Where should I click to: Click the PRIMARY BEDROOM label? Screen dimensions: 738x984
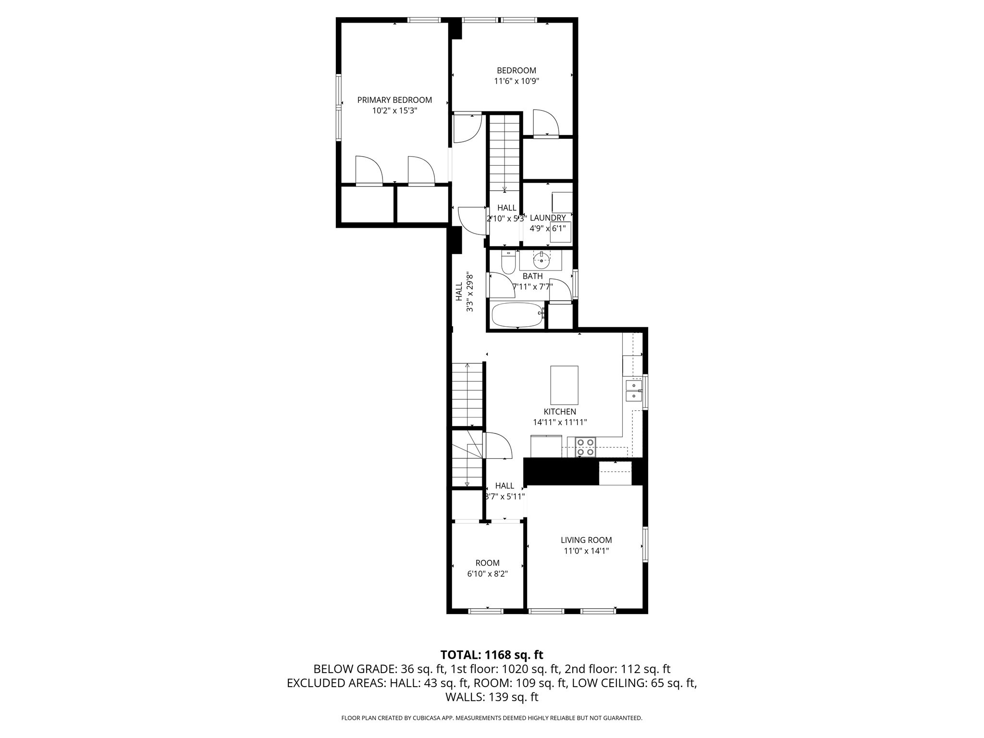(x=394, y=100)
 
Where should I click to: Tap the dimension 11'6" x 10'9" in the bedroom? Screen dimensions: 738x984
(x=517, y=81)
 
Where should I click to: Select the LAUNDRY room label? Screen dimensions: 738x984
(x=548, y=218)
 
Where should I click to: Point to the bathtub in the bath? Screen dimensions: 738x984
(x=517, y=315)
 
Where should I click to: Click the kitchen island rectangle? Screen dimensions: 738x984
(x=564, y=385)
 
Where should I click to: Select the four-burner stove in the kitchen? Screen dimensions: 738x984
(x=586, y=447)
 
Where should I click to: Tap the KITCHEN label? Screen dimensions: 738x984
(x=560, y=412)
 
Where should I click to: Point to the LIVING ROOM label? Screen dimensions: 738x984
(x=586, y=540)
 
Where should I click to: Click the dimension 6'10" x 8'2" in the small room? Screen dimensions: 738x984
(x=488, y=574)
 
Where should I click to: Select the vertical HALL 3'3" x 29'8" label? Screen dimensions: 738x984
(x=464, y=293)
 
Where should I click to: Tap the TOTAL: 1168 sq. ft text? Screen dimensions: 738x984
(x=492, y=655)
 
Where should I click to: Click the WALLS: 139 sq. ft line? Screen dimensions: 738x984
(x=492, y=697)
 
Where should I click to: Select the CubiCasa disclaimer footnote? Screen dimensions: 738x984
(x=492, y=718)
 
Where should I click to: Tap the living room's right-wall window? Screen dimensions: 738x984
(x=645, y=544)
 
